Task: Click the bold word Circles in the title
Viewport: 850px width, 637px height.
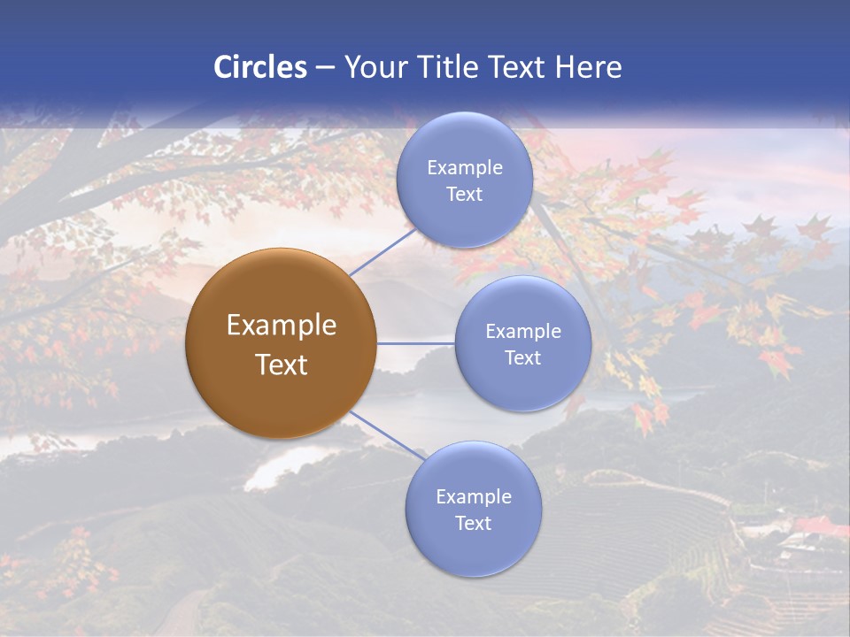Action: click(x=259, y=67)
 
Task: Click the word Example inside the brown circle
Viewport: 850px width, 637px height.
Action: click(x=281, y=326)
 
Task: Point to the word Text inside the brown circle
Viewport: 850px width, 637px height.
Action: click(x=281, y=365)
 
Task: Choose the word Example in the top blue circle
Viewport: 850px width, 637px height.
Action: click(x=464, y=168)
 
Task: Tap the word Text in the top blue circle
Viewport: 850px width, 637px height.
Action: click(x=464, y=194)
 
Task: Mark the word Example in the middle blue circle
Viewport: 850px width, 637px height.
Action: click(x=522, y=332)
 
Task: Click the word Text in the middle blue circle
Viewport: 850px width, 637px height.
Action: click(x=522, y=357)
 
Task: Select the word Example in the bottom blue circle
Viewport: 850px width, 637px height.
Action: click(x=473, y=497)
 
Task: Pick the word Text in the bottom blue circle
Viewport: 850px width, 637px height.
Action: click(x=473, y=523)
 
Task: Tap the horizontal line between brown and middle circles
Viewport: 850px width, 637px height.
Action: click(x=416, y=343)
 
